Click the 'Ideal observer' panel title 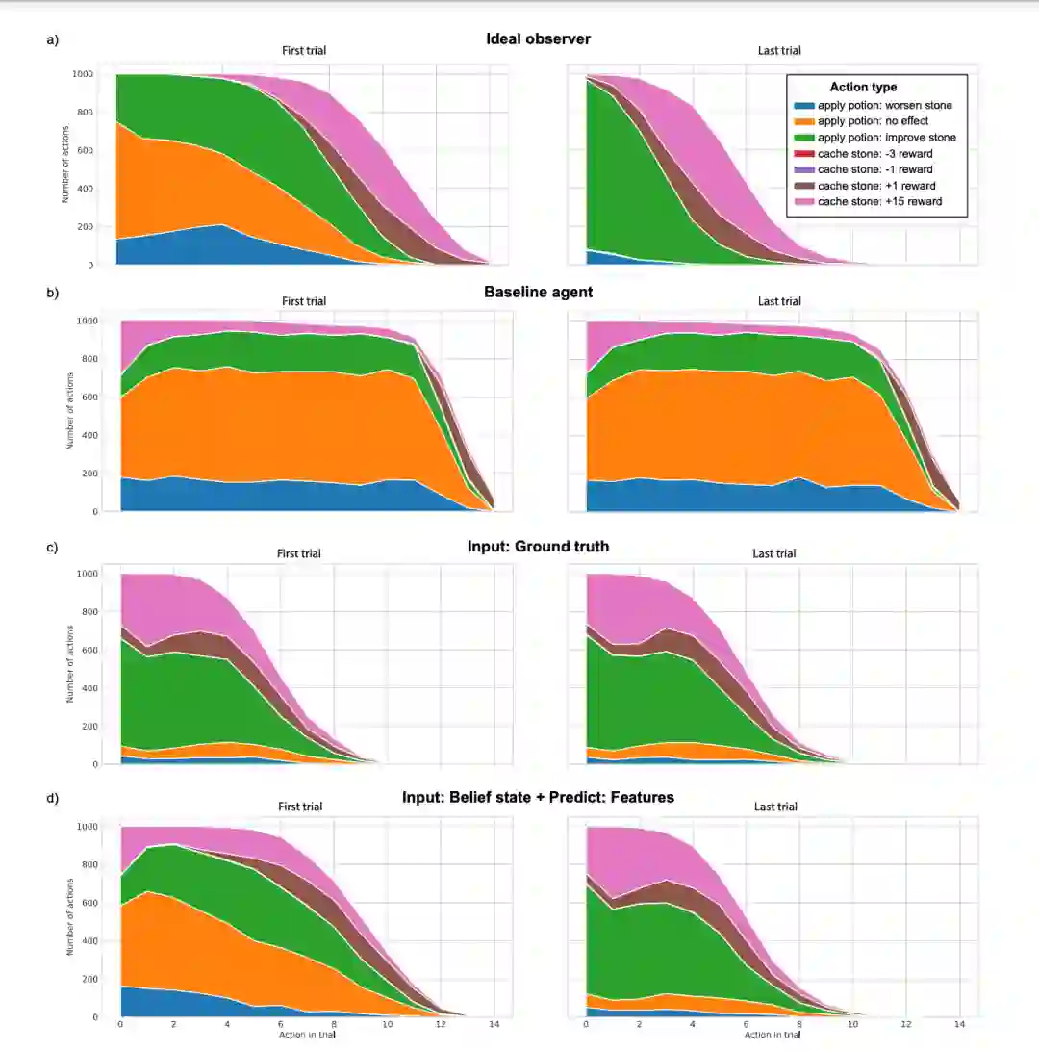coord(538,39)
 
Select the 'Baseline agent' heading coord(538,292)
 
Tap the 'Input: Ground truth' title coord(538,547)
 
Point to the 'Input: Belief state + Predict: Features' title coord(538,797)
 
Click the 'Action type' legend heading coord(863,88)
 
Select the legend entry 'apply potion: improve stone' coord(873,138)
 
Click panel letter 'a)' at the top coord(53,39)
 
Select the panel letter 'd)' coord(53,797)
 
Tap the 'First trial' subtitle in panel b coord(304,301)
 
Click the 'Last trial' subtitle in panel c coord(774,553)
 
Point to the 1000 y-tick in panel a coord(83,74)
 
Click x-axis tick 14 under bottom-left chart coord(494,1025)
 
